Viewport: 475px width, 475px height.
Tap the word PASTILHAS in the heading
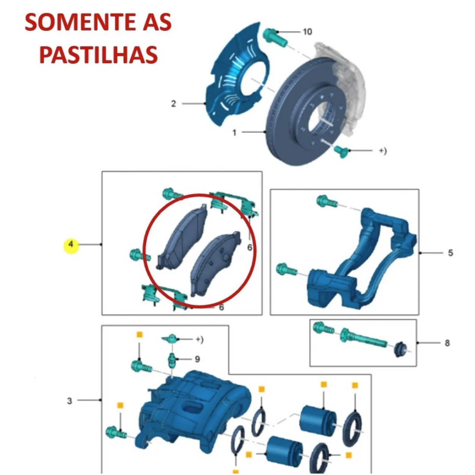pyautogui.click(x=98, y=54)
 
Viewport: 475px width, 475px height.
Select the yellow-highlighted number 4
pyautogui.click(x=71, y=244)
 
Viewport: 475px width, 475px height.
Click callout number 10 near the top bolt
pyautogui.click(x=308, y=32)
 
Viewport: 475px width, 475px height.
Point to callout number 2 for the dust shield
pyautogui.click(x=173, y=104)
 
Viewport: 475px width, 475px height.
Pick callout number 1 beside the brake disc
pyautogui.click(x=234, y=133)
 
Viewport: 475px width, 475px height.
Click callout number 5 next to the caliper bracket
pyautogui.click(x=450, y=253)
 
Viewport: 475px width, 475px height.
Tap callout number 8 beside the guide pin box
pyautogui.click(x=447, y=343)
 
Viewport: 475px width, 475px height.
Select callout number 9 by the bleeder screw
pyautogui.click(x=197, y=359)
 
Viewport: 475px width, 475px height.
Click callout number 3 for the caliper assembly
pyautogui.click(x=70, y=401)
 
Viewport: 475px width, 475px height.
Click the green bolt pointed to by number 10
pyautogui.click(x=274, y=38)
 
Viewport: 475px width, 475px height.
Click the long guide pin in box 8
pyautogui.click(x=362, y=338)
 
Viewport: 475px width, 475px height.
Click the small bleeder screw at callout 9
pyautogui.click(x=172, y=360)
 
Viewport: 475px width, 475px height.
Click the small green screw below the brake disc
pyautogui.click(x=341, y=151)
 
